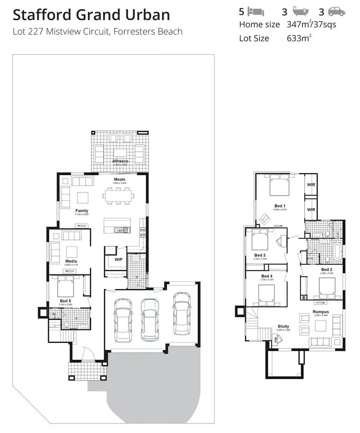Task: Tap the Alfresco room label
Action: click(x=120, y=162)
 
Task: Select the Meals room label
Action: click(x=120, y=179)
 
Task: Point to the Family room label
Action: click(x=82, y=211)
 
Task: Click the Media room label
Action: click(x=71, y=261)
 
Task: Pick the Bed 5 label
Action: click(x=65, y=300)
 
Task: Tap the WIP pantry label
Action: click(x=118, y=259)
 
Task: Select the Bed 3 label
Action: click(x=260, y=255)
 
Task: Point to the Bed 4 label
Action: click(x=267, y=276)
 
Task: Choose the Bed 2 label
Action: click(x=327, y=269)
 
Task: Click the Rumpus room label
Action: click(x=320, y=311)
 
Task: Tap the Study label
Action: click(x=283, y=327)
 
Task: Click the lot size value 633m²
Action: click(x=298, y=38)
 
